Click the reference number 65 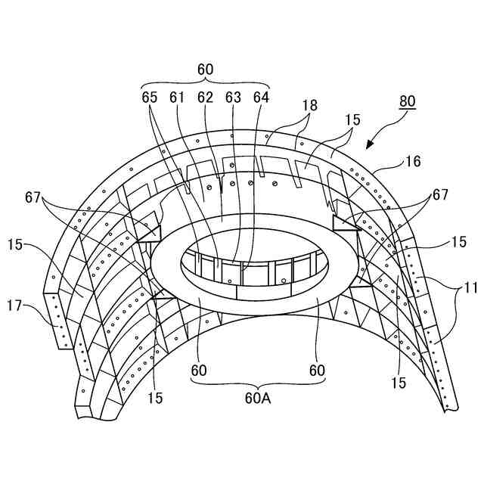(150, 97)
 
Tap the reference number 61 (177, 97)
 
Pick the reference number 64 (261, 97)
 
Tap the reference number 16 (414, 161)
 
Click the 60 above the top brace (205, 69)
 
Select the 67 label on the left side (32, 197)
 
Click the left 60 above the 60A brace (199, 371)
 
